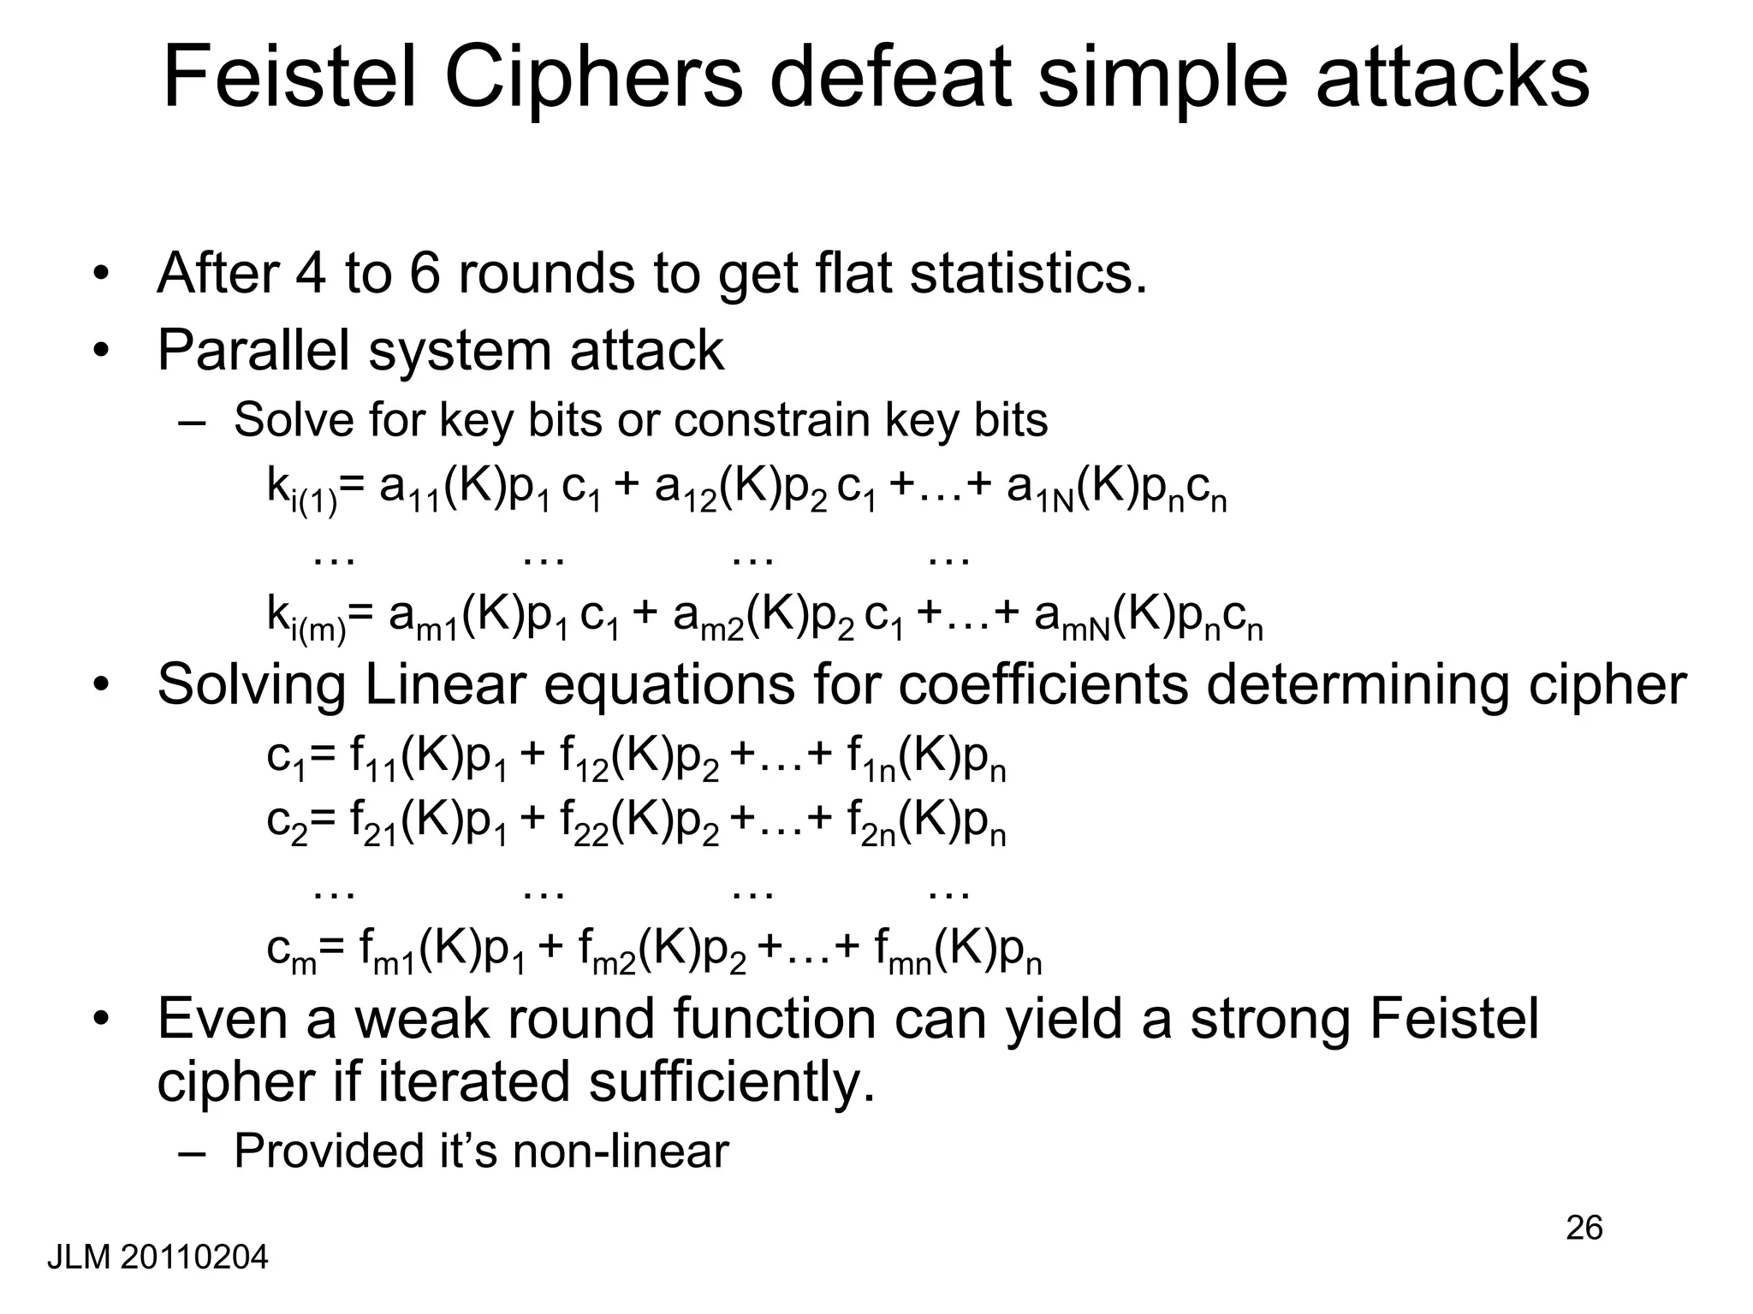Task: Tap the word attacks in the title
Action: (1452, 79)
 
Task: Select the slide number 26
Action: (1584, 1228)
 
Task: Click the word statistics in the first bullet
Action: (1027, 274)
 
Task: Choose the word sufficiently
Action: (732, 1082)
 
